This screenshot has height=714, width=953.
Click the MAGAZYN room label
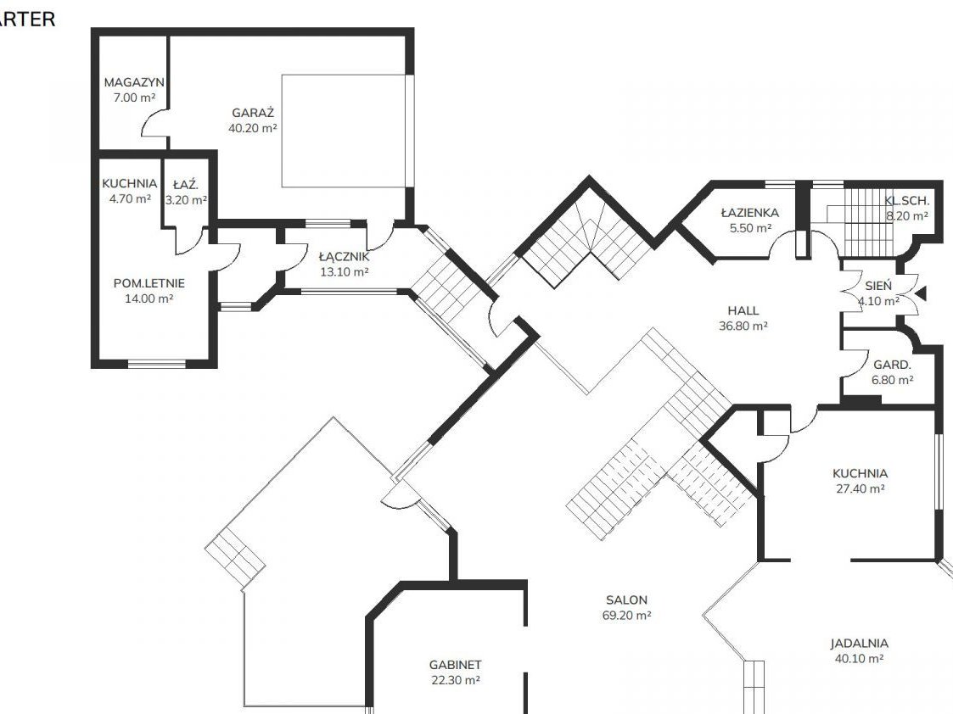click(134, 82)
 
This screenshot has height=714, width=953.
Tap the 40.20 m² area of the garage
click(253, 128)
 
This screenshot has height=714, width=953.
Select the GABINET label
click(455, 665)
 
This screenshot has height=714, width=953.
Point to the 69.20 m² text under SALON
click(626, 615)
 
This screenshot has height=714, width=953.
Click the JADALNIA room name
click(860, 643)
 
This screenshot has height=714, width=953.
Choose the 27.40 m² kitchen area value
click(860, 488)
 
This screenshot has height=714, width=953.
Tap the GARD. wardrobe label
click(892, 365)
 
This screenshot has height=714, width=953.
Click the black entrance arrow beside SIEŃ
click(921, 294)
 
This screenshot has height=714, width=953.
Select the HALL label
click(743, 310)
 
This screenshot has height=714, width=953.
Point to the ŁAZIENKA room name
click(750, 213)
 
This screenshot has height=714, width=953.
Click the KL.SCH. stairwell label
click(907, 200)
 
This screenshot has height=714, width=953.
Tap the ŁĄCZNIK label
click(344, 256)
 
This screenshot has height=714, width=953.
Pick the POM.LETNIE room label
click(149, 283)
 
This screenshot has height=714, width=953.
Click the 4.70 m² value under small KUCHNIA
click(130, 198)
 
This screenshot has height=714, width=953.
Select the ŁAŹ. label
click(185, 185)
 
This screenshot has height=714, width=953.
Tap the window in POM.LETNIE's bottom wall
click(157, 364)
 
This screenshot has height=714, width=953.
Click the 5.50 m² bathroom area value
click(751, 228)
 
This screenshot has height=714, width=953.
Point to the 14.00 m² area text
click(149, 298)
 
